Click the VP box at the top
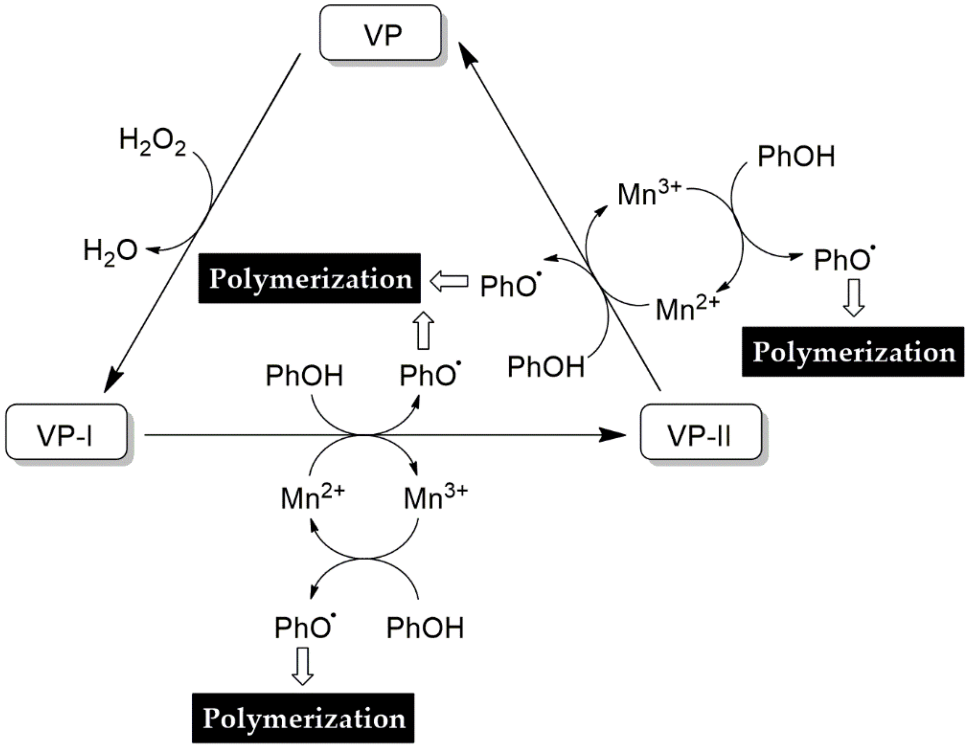[381, 33]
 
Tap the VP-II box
[700, 432]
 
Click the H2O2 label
[153, 141]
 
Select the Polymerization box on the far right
[853, 352]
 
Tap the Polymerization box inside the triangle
[309, 279]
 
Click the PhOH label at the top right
[796, 157]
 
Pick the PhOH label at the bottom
[425, 628]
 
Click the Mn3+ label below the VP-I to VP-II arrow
[435, 498]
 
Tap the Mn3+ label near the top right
[649, 194]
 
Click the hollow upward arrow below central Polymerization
[423, 330]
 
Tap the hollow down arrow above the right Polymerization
[854, 297]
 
